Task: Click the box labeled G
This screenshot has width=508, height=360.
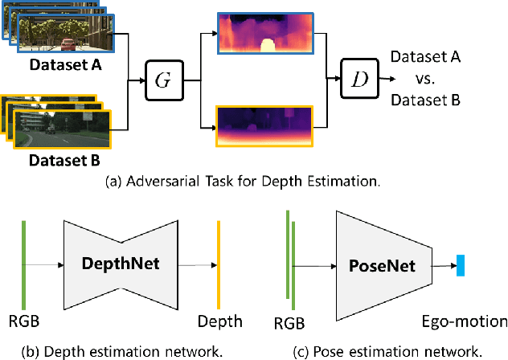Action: click(164, 80)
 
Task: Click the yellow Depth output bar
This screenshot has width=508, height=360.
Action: click(218, 264)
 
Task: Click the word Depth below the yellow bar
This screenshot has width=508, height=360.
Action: click(219, 322)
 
